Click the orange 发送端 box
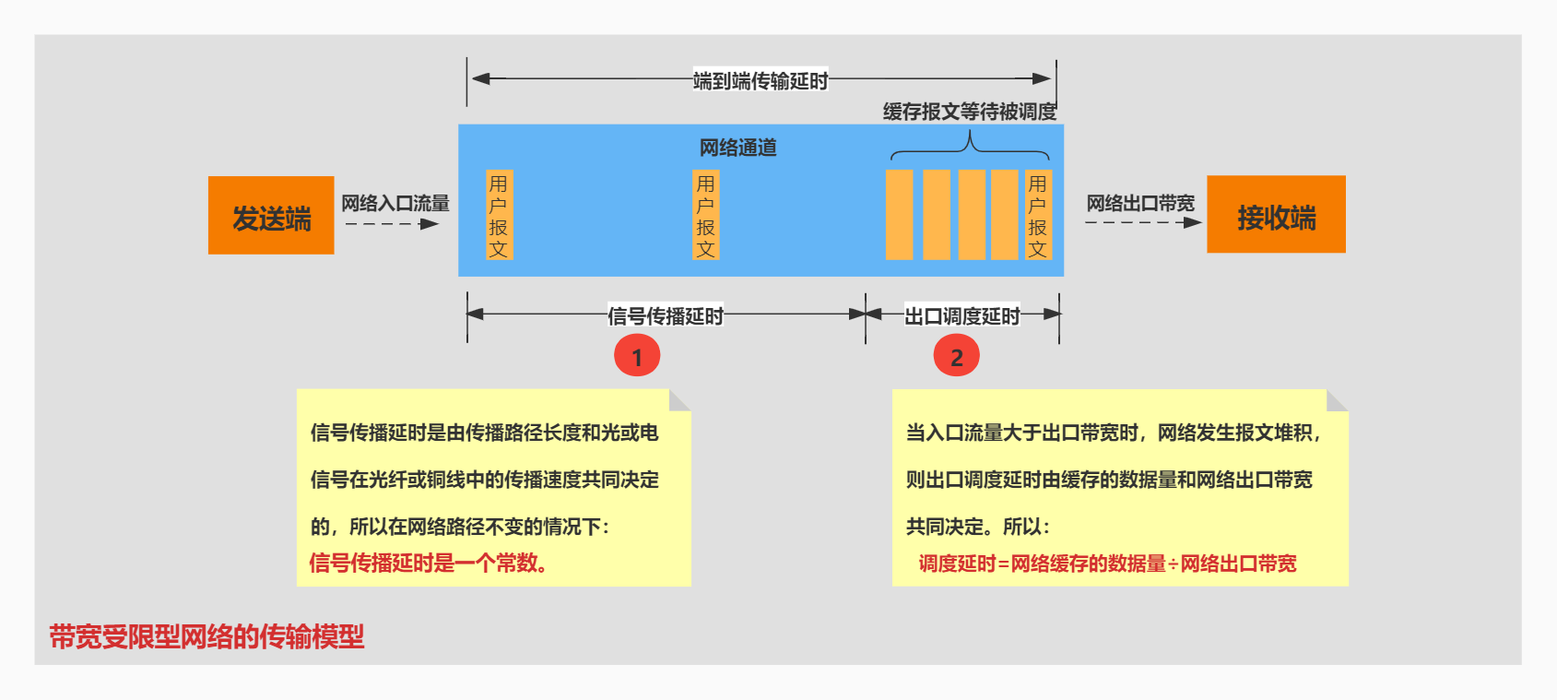(271, 215)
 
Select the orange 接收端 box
(1276, 214)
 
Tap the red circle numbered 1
(637, 356)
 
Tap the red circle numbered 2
(956, 356)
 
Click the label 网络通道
(737, 148)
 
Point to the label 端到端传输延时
(761, 81)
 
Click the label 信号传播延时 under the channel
(666, 316)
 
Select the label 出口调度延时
(961, 316)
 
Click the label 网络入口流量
(395, 203)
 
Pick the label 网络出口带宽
(1140, 203)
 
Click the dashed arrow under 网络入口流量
(392, 224)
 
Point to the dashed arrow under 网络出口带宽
(1143, 222)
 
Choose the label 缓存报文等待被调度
(970, 112)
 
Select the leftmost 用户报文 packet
(499, 215)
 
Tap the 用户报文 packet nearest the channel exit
(1038, 215)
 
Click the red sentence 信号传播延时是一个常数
(429, 563)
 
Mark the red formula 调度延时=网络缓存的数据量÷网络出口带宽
(1107, 564)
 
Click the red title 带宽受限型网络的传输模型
(206, 636)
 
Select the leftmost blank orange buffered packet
(899, 215)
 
